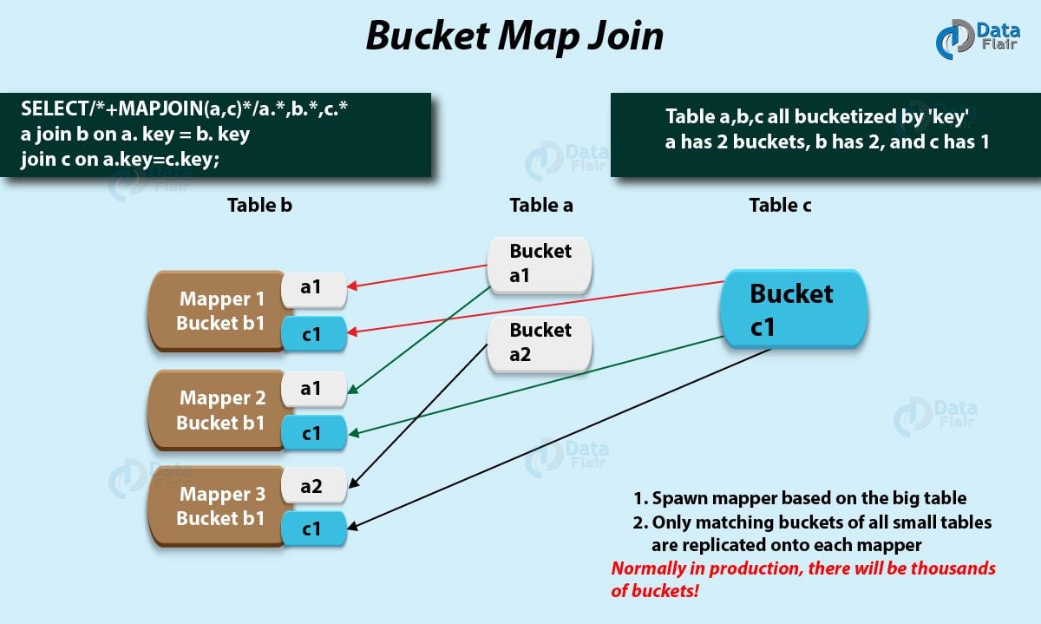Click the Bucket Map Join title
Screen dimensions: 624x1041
coord(514,36)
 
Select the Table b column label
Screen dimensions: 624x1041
coord(259,206)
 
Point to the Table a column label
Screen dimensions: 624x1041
coord(540,206)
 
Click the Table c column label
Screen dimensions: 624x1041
coord(780,206)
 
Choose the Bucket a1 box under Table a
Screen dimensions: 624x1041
coord(540,264)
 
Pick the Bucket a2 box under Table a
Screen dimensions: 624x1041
coord(540,343)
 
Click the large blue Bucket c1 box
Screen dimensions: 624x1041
coord(791,309)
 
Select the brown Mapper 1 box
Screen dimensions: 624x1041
coord(220,311)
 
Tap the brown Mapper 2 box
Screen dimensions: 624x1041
coord(220,411)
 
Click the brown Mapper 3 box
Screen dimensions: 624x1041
coord(220,506)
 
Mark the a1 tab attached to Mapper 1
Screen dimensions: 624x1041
coord(313,288)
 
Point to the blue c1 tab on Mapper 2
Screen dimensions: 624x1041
coord(313,432)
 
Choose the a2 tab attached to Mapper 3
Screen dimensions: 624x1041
coord(313,486)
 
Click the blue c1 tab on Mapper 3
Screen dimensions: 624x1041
coord(313,528)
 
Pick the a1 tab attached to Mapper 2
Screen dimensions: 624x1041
coord(313,389)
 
